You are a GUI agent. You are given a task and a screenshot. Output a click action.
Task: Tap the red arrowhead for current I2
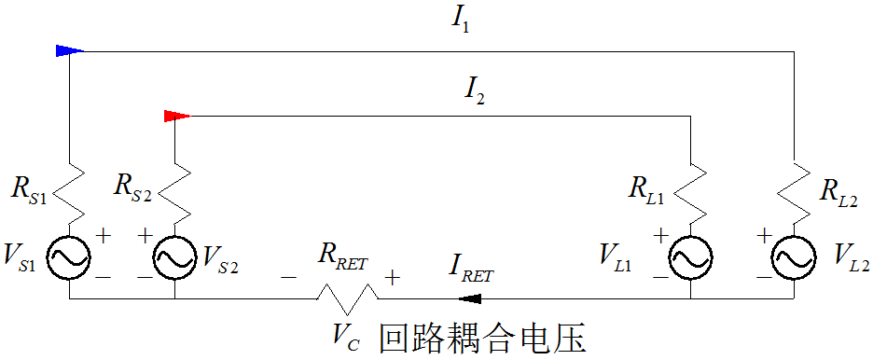click(x=176, y=117)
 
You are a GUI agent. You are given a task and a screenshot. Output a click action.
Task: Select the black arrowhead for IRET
click(x=469, y=298)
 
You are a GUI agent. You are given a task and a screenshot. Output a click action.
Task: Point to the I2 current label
click(x=475, y=90)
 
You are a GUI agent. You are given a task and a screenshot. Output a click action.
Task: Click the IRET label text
click(x=470, y=274)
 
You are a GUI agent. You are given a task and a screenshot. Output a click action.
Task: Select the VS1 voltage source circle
click(x=70, y=256)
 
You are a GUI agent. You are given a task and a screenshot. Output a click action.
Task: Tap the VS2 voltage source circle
click(x=175, y=256)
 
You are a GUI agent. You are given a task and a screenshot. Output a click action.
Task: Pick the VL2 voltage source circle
click(x=795, y=256)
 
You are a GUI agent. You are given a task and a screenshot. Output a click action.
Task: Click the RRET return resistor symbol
click(x=347, y=298)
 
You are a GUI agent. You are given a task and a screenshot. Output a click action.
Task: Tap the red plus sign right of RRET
click(x=393, y=277)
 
